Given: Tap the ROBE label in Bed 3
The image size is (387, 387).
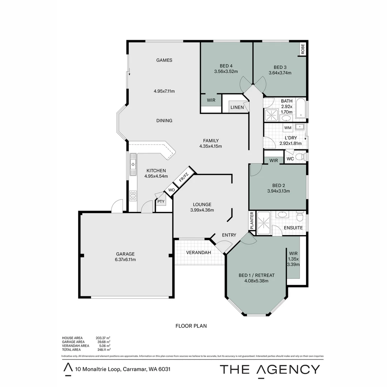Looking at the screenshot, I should coord(303,49).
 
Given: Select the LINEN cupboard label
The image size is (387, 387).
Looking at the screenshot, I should coord(237,107).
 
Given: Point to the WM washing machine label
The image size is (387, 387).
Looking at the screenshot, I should coord(287,128).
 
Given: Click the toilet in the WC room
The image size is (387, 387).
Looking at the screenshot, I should coord(302,157).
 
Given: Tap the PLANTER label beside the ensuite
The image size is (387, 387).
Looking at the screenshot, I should coord(252,221).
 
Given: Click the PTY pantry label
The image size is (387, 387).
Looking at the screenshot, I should coord(161,201).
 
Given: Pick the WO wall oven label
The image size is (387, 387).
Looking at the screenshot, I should coord(171,190).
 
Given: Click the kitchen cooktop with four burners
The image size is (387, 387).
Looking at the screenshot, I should coord(133,196).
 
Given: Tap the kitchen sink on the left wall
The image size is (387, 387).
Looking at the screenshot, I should coord(133,165).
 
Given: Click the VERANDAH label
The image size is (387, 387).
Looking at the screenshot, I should coord(199,253).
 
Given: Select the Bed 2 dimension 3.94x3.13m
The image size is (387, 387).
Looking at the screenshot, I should coord(278,191).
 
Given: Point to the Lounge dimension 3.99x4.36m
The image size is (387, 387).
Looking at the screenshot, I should coord(202,210).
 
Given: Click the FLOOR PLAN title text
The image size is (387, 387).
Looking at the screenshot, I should coord(191,326).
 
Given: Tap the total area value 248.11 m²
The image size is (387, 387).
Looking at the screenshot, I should coord(103,349).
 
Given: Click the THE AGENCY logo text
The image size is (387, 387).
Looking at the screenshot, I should coord(269,369).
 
